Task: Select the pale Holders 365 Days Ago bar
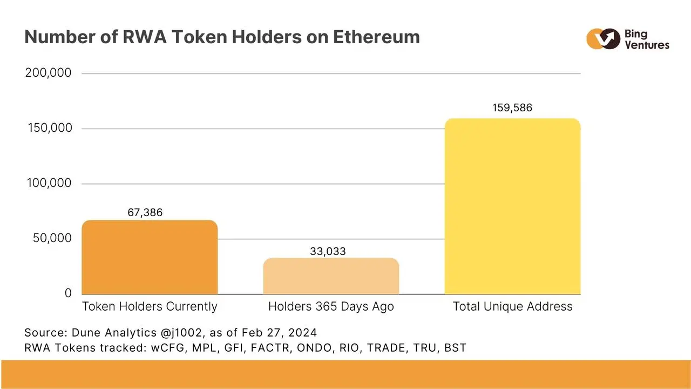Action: [x=331, y=276]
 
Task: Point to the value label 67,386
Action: [x=145, y=212]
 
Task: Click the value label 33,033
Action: [x=328, y=251]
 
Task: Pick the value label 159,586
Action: [x=512, y=108]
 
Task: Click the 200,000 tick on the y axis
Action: [x=48, y=73]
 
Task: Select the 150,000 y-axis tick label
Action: [x=49, y=129]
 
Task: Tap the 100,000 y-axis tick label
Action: [x=49, y=184]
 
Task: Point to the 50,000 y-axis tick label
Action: [x=52, y=238]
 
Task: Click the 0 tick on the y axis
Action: [x=68, y=293]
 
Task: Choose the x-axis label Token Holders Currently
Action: [x=150, y=307]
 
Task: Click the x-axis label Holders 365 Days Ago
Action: [x=331, y=307]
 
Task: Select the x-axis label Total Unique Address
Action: [x=512, y=307]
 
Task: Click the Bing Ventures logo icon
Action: [x=603, y=39]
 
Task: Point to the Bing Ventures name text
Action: [x=646, y=39]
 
